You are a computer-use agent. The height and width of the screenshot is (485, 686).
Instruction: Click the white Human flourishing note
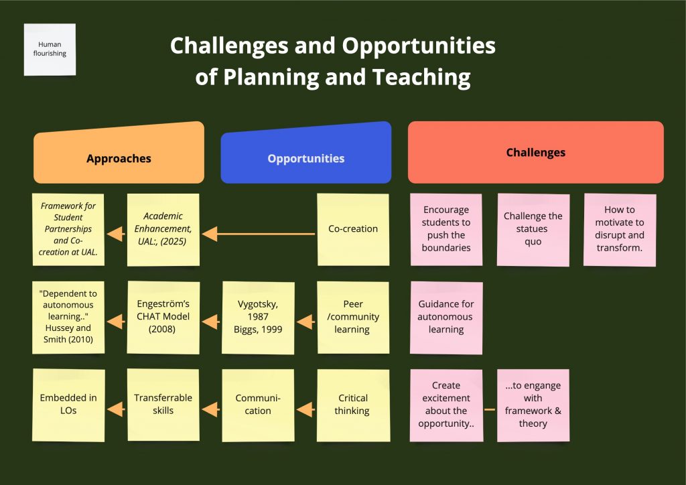pyautogui.click(x=50, y=50)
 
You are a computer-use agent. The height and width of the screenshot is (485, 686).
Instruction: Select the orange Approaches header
pyautogui.click(x=119, y=153)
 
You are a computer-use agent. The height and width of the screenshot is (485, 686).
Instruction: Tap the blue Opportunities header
pyautogui.click(x=305, y=153)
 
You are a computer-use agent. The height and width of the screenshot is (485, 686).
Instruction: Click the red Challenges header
pyautogui.click(x=535, y=152)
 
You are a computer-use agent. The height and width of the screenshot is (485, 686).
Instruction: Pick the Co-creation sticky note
pyautogui.click(x=353, y=230)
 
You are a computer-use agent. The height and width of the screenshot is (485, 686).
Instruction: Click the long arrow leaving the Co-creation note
pyautogui.click(x=259, y=234)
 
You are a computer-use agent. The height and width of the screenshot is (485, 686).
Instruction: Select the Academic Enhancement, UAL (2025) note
pyautogui.click(x=163, y=230)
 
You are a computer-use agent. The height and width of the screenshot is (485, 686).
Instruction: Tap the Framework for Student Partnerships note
pyautogui.click(x=68, y=230)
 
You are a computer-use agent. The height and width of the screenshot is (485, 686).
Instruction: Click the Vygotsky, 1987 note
pyautogui.click(x=258, y=318)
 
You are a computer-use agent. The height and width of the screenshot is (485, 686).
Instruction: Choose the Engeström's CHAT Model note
pyautogui.click(x=163, y=318)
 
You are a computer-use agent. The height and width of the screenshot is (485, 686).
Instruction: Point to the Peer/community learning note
pyautogui.click(x=353, y=318)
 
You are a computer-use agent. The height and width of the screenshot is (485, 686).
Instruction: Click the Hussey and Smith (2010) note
pyautogui.click(x=68, y=318)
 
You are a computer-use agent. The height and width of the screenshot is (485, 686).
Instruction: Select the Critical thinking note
pyautogui.click(x=353, y=405)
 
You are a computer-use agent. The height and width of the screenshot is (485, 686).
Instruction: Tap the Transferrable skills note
pyautogui.click(x=163, y=405)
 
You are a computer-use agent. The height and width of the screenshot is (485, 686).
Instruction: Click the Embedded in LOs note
pyautogui.click(x=68, y=405)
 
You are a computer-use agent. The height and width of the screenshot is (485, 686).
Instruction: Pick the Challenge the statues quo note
pyautogui.click(x=533, y=230)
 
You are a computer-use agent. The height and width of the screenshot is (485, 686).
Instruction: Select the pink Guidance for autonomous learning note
pyautogui.click(x=446, y=318)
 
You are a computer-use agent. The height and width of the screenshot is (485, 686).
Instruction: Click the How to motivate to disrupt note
pyautogui.click(x=620, y=230)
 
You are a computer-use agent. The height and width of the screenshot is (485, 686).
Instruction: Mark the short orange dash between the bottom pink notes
pyautogui.click(x=490, y=410)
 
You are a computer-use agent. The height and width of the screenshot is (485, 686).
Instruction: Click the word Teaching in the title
pyautogui.click(x=421, y=77)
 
